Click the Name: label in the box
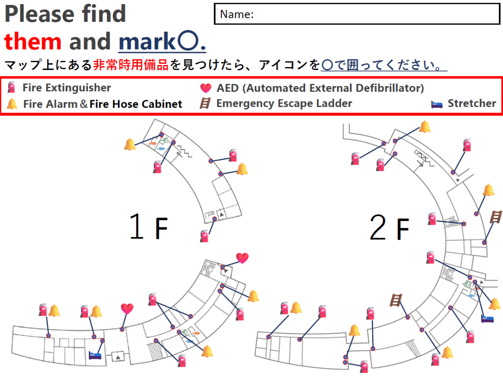point(237,14)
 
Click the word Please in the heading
point(39,14)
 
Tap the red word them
point(33,41)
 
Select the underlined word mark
point(147,42)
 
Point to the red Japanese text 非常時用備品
point(131,65)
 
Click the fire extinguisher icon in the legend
point(11,87)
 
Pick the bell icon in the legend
point(12,104)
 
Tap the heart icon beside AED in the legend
point(205,88)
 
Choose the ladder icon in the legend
point(205,103)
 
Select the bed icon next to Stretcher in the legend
point(436,104)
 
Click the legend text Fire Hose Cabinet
point(136,104)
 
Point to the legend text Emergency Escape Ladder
point(284,104)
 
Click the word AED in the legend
point(228,88)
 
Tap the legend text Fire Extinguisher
point(67,88)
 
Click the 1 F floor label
point(148,226)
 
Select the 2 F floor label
point(389,227)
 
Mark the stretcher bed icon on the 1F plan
point(95,356)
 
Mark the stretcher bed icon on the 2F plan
point(487,319)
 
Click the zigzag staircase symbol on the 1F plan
point(184,151)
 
